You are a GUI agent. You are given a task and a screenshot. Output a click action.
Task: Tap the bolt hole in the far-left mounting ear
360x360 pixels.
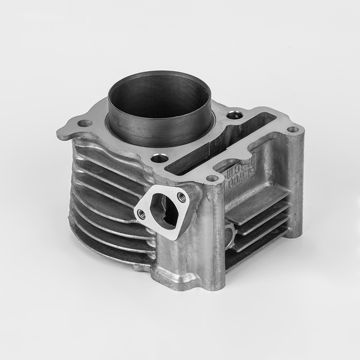click(x=84, y=123)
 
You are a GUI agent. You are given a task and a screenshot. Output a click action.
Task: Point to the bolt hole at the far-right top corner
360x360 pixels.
click(x=293, y=130)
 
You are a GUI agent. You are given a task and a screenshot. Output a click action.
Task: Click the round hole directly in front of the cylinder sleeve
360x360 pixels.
click(x=157, y=158)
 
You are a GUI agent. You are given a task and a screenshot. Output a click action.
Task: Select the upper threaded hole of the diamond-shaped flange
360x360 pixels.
click(x=182, y=196)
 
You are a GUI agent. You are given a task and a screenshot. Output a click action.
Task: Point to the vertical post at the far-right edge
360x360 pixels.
click(x=295, y=180)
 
